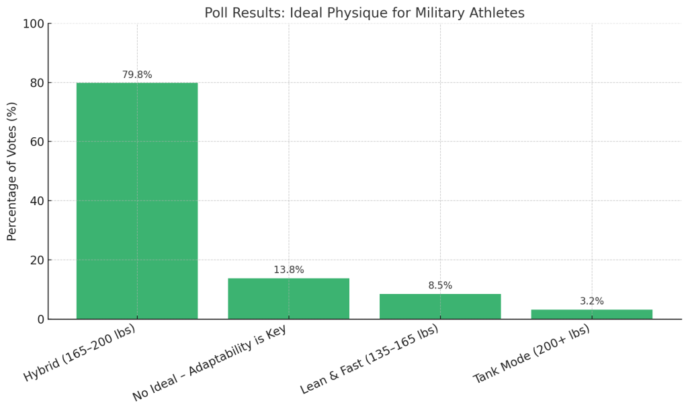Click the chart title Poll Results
364,13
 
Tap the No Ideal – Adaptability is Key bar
288,299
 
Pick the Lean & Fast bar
440,306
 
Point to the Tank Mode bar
591,314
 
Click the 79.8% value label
137,75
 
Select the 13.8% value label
288,270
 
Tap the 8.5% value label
440,286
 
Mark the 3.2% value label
591,301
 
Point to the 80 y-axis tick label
36,83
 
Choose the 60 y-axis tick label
36,142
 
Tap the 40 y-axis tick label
36,201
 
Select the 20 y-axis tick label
36,260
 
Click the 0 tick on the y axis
40,320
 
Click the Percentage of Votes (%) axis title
12,172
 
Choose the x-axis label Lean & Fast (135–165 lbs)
370,359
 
